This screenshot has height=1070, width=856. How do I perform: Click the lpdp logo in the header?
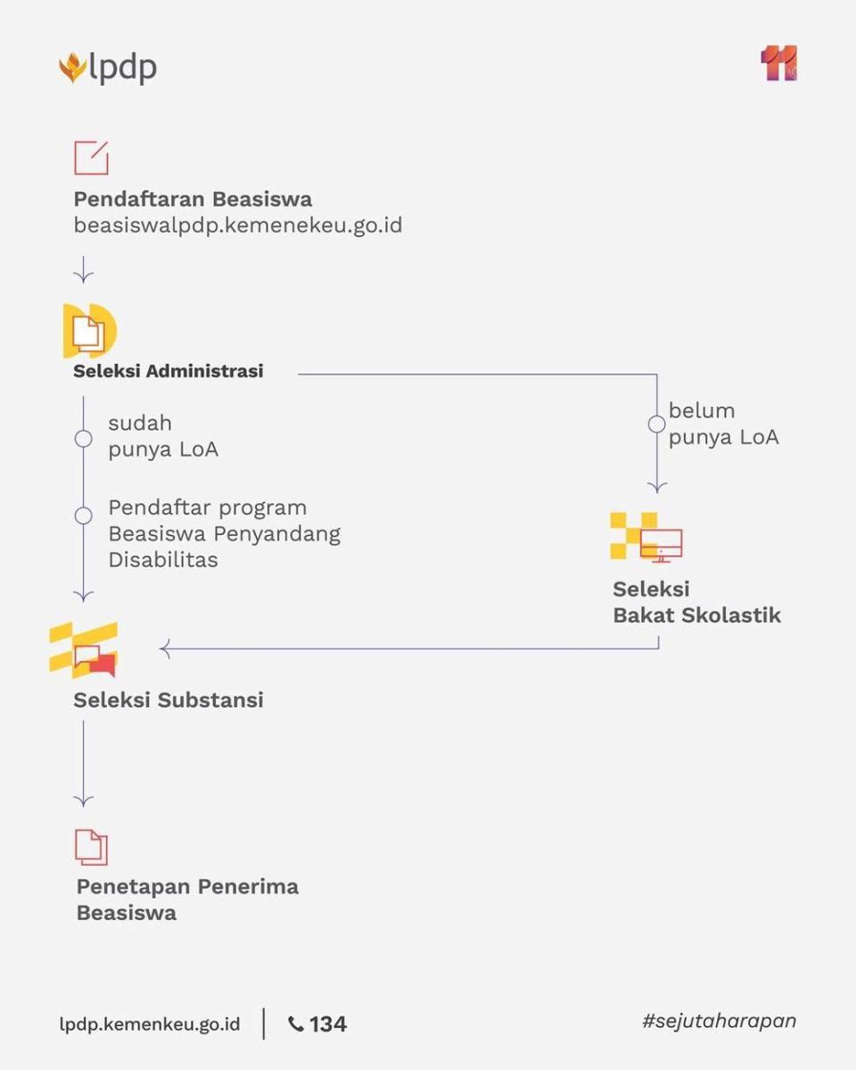[108, 67]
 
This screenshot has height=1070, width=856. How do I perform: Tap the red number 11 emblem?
[779, 63]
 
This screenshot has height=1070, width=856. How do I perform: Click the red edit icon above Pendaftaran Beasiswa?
[92, 158]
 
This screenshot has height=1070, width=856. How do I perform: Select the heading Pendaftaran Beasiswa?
[193, 200]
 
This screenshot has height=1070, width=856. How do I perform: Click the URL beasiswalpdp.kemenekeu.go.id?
[238, 226]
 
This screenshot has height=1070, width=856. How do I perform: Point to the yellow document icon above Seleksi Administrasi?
[90, 331]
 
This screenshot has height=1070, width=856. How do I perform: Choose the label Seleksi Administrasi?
[169, 371]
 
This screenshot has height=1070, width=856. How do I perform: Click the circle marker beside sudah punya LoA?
[84, 439]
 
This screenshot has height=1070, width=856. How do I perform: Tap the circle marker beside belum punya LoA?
[657, 424]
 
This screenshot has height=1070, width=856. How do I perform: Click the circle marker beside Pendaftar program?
[84, 515]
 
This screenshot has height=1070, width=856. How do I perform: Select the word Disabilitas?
[163, 560]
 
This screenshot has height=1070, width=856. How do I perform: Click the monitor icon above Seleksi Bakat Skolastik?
[661, 546]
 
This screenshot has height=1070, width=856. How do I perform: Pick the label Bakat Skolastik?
[696, 615]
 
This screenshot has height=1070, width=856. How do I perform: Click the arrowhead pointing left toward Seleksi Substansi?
[164, 649]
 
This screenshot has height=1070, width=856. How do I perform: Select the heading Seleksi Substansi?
[169, 700]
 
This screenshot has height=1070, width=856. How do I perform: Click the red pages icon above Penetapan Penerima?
[91, 847]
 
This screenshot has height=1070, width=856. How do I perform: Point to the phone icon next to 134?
[296, 1025]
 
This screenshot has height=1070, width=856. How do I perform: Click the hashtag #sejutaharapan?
[720, 1021]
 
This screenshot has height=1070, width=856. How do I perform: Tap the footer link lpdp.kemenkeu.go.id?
[150, 1025]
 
